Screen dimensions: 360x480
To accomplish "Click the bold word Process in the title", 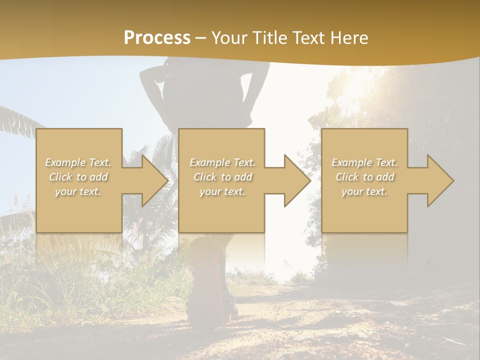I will pos(157,38).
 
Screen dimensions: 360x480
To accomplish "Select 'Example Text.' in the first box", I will pos(78,162).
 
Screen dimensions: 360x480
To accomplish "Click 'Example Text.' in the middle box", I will pos(222,162).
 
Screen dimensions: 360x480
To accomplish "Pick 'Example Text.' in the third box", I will pos(364,162).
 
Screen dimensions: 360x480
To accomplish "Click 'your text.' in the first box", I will pos(78,191).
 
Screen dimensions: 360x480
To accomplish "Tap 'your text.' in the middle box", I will pos(222,191).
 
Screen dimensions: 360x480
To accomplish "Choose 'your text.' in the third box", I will pos(364,191).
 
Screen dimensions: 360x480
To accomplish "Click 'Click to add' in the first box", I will pos(78,177).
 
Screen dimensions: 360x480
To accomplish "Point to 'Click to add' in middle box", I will pos(222,177).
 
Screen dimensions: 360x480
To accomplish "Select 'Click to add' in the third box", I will pos(364,177).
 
